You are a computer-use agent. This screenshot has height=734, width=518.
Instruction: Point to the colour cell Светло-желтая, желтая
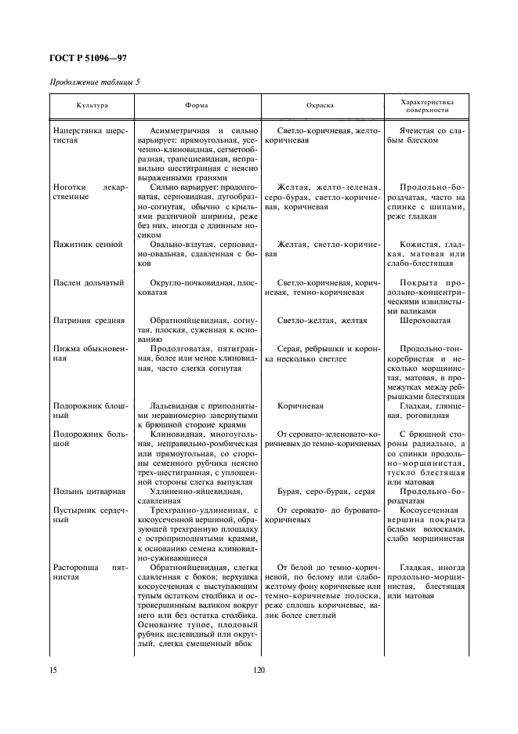[322, 320]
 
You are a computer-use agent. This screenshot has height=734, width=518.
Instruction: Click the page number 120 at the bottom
[259, 670]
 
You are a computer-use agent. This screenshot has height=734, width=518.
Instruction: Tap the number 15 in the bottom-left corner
[54, 670]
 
